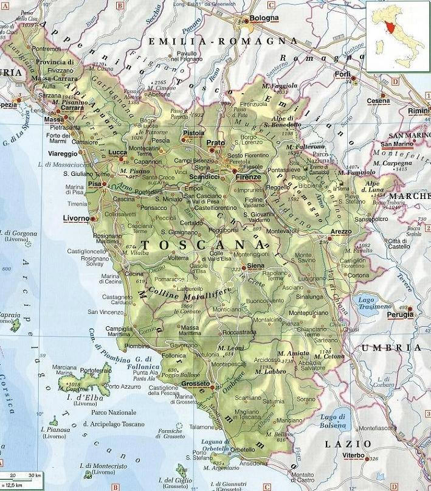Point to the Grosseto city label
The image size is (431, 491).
pos(193,384)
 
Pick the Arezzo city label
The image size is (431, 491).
pos(341,231)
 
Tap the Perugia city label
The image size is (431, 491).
pos(401,315)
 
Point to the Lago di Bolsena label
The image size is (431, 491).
pos(333,420)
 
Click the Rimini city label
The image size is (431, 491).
pos(418,111)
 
